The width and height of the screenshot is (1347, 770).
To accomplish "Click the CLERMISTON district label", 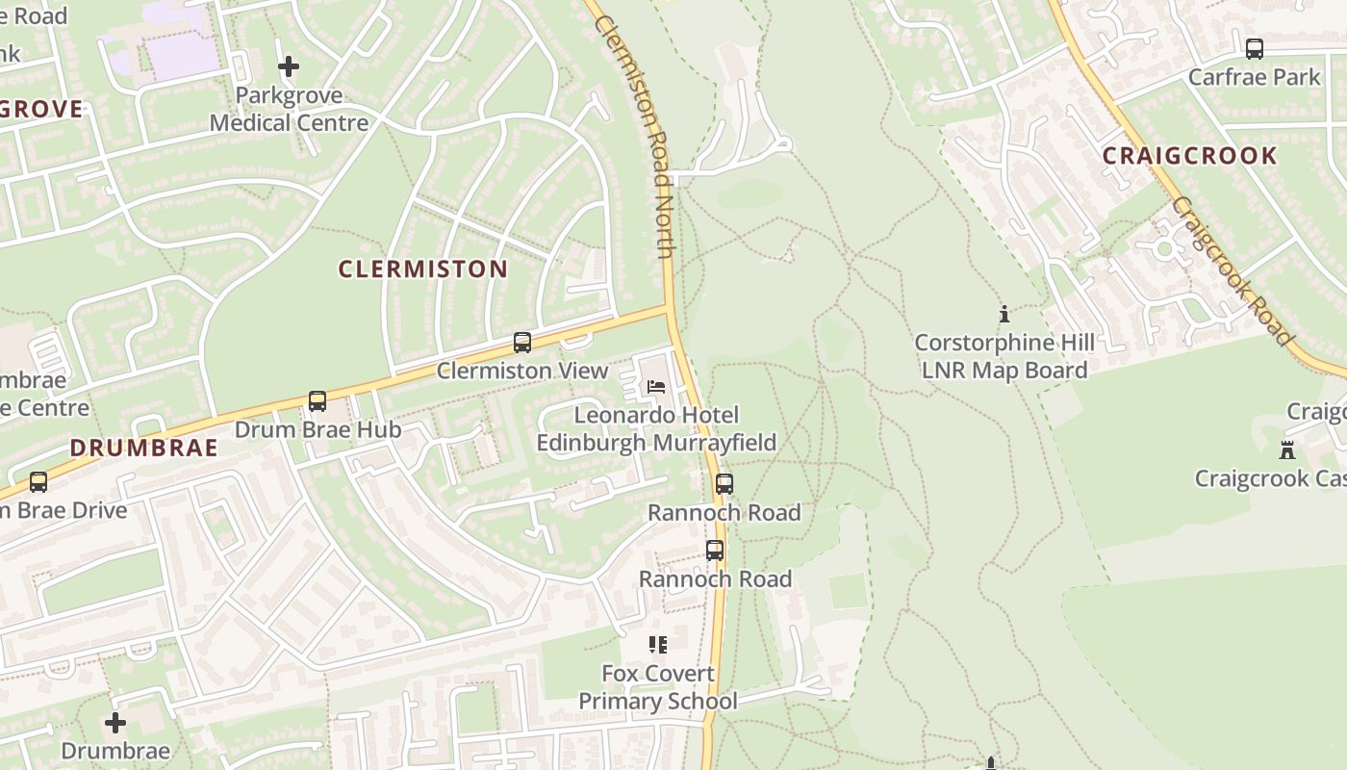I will (422, 269).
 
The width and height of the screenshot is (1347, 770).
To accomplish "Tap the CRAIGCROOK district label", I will (1189, 156).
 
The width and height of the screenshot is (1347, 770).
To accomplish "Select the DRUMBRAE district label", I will (144, 448).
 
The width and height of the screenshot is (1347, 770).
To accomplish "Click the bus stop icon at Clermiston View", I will (522, 343).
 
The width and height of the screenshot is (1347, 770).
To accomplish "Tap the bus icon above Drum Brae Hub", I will (318, 401).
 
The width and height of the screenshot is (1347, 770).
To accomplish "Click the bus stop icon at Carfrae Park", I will (1254, 49).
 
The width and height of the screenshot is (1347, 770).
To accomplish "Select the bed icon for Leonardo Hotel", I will (656, 387).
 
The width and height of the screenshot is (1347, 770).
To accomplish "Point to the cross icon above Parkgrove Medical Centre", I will (288, 66).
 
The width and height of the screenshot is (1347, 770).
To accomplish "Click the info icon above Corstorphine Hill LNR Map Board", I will (1004, 314).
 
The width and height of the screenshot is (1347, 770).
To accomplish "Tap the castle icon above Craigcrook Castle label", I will (1286, 449).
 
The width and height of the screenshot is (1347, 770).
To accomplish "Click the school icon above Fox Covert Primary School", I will (657, 645).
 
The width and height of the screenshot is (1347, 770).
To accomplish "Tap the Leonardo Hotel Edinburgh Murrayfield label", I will (656, 429).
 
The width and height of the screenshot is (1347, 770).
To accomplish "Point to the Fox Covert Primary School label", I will (657, 687).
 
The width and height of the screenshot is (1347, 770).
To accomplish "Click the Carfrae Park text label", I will (1254, 77).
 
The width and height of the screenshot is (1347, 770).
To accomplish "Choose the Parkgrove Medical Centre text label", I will (289, 109).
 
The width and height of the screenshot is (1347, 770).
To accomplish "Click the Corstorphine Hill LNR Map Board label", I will (1004, 356).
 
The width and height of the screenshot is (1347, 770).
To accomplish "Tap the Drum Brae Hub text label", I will (318, 429).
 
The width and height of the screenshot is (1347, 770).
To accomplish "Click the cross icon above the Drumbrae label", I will (115, 722).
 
